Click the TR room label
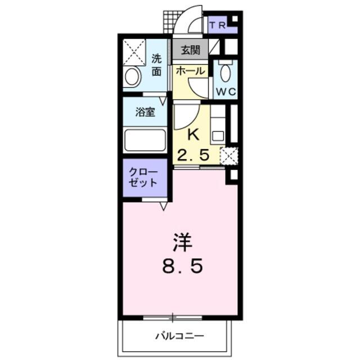[217, 25]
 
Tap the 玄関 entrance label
[190, 50]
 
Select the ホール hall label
[190, 71]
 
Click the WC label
[226, 92]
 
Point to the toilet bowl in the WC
[225, 73]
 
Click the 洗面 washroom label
[156, 65]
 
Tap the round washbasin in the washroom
[132, 76]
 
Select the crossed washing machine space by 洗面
[134, 52]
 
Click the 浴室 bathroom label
[145, 112]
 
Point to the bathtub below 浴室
[145, 140]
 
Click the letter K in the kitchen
[193, 135]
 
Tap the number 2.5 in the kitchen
[193, 155]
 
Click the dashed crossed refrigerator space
[229, 156]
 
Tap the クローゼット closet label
[143, 178]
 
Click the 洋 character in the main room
[182, 243]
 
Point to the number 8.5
[182, 266]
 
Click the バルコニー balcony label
[180, 336]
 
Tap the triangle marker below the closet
[164, 206]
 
